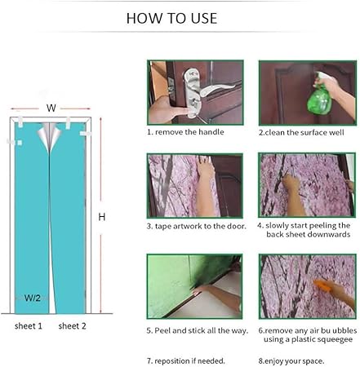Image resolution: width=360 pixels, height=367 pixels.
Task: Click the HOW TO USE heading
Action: coord(171,18)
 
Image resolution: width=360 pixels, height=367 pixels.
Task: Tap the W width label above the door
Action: coord(51,108)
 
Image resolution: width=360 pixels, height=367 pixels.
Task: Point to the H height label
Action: coord(102,217)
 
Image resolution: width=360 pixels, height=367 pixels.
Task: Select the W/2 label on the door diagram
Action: coord(33,298)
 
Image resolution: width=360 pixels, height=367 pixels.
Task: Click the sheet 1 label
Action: coord(29,326)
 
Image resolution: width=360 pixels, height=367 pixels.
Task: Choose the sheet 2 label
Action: coord(72,326)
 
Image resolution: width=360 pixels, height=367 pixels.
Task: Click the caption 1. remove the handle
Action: coord(185,132)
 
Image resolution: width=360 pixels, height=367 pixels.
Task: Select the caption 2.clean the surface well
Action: coord(301,133)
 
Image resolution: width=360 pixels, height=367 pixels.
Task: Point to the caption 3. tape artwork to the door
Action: coord(197,226)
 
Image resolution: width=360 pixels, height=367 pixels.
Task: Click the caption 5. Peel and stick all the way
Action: coord(198,330)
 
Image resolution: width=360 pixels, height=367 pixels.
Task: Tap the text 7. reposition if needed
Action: coord(186,361)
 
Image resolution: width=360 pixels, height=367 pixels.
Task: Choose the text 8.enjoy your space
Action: coord(291,361)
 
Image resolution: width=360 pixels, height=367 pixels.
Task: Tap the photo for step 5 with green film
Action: coord(194,286)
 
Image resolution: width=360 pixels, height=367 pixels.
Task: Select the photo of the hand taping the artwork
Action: coord(195,186)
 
